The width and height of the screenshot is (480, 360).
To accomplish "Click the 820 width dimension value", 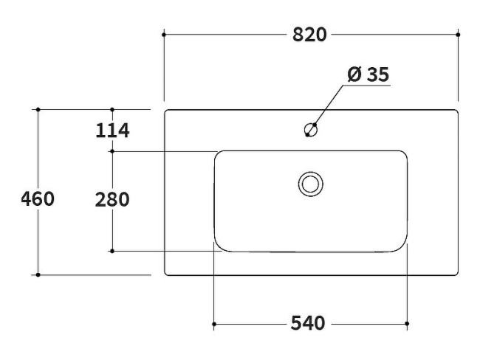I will tap(310, 35).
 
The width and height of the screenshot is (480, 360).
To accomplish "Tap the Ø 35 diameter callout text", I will tap(367, 75).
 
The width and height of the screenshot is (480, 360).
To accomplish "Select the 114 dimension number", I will tap(112, 131).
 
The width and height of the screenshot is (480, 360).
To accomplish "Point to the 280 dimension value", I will tap(112, 199).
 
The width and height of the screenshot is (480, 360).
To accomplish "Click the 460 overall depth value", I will tap(38, 199).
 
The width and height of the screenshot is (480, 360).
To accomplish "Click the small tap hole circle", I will tap(311, 131).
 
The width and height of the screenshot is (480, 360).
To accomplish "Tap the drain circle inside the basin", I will tap(310, 183).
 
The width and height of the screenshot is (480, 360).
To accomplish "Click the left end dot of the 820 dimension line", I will tap(163, 34).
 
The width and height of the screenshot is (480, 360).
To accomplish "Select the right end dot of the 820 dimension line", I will tap(459, 34).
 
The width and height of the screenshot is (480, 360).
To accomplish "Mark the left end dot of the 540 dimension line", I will tap(213, 324).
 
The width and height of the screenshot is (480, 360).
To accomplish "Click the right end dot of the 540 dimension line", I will tap(408, 324).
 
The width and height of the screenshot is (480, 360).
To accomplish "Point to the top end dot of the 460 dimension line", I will tap(38, 110).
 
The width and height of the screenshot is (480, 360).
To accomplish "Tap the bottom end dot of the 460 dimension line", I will tap(38, 275).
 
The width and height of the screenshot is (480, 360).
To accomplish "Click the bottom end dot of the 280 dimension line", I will tap(112, 252).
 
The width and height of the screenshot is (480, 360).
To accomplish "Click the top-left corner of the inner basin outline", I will tap(218, 154).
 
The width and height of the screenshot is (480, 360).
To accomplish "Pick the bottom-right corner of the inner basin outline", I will tap(404, 249).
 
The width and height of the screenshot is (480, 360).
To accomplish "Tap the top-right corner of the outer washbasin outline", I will tap(456, 112).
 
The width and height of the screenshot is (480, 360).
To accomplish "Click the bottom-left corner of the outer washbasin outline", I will tap(165, 274).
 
